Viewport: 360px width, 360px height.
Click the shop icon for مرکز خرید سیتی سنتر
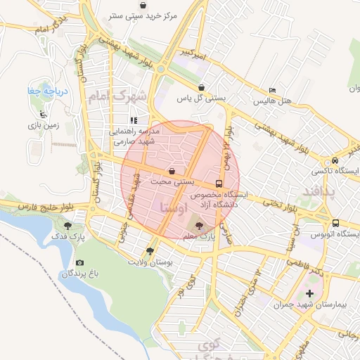pos(143,5)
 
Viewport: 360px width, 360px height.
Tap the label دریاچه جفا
pos(37,91)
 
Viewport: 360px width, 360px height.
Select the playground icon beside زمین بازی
pos(44,113)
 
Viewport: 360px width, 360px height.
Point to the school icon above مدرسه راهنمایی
pos(134,120)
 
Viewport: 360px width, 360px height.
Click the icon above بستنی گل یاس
pos(202,88)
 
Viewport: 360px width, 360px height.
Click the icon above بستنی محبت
pos(172,171)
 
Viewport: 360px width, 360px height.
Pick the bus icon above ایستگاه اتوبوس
pos(335,223)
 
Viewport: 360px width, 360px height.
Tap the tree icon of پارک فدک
pos(67,226)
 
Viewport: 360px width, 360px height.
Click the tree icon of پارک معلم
pos(198,226)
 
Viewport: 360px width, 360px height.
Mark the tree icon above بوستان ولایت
pos(150,250)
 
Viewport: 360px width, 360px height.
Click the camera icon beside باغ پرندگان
pos(79,263)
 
